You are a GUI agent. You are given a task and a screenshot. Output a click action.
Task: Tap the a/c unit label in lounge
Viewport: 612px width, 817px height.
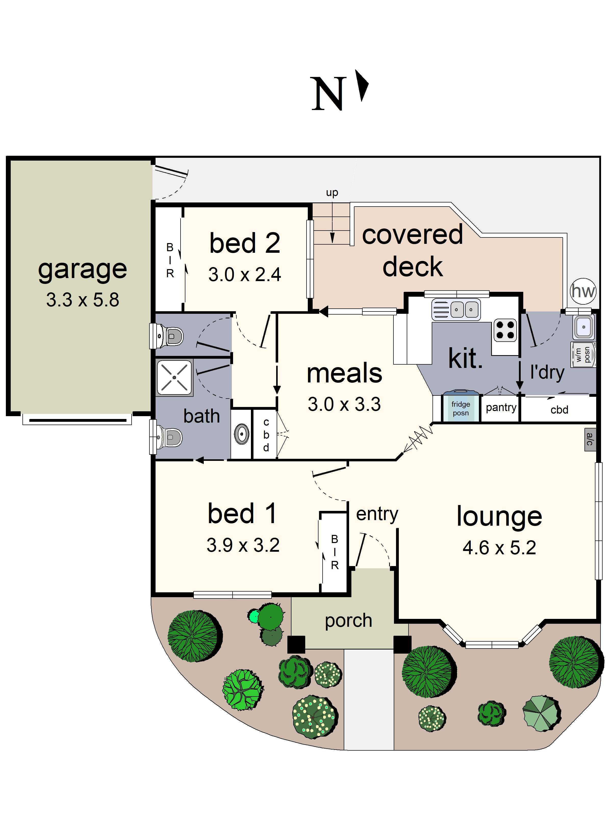(x=590, y=439)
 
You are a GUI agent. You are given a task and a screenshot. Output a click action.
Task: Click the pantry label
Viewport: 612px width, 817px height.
(x=501, y=407)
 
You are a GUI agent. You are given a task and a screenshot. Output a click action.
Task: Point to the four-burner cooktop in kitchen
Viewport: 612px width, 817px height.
(x=505, y=330)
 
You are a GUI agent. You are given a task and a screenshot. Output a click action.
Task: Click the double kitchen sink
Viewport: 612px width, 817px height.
(x=456, y=309)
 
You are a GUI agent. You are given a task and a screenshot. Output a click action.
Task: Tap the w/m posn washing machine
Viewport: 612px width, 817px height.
(x=583, y=355)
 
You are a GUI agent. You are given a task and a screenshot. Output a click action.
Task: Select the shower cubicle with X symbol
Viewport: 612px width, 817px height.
(x=174, y=377)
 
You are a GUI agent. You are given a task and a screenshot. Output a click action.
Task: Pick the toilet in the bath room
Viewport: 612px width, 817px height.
(x=169, y=437)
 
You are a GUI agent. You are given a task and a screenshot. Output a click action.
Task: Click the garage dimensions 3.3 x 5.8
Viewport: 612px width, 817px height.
(x=83, y=300)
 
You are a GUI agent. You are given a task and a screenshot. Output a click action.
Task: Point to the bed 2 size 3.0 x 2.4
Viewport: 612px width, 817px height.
(x=245, y=275)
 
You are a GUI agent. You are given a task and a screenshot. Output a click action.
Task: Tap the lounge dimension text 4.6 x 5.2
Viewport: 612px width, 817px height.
(x=499, y=547)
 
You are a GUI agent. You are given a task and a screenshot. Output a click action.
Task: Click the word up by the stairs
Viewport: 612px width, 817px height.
(x=332, y=193)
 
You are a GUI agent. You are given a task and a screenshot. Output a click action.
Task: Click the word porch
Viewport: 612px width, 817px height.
(x=348, y=620)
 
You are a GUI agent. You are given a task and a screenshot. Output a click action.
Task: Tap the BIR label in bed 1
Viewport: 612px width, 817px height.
(x=335, y=552)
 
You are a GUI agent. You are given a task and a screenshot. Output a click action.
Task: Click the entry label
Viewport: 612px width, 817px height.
(x=377, y=514)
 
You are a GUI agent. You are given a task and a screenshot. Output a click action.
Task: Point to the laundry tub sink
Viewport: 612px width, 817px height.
(x=583, y=327)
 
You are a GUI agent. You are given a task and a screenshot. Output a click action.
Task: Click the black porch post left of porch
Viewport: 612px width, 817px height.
(x=296, y=644)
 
